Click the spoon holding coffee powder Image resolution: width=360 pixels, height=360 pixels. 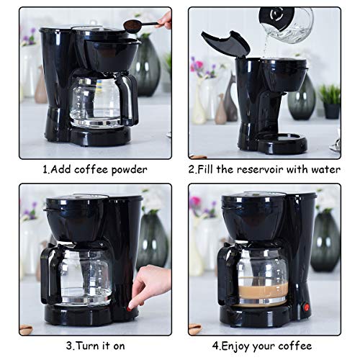[x=137, y=25]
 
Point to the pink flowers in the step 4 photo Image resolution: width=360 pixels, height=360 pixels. [x=196, y=204]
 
